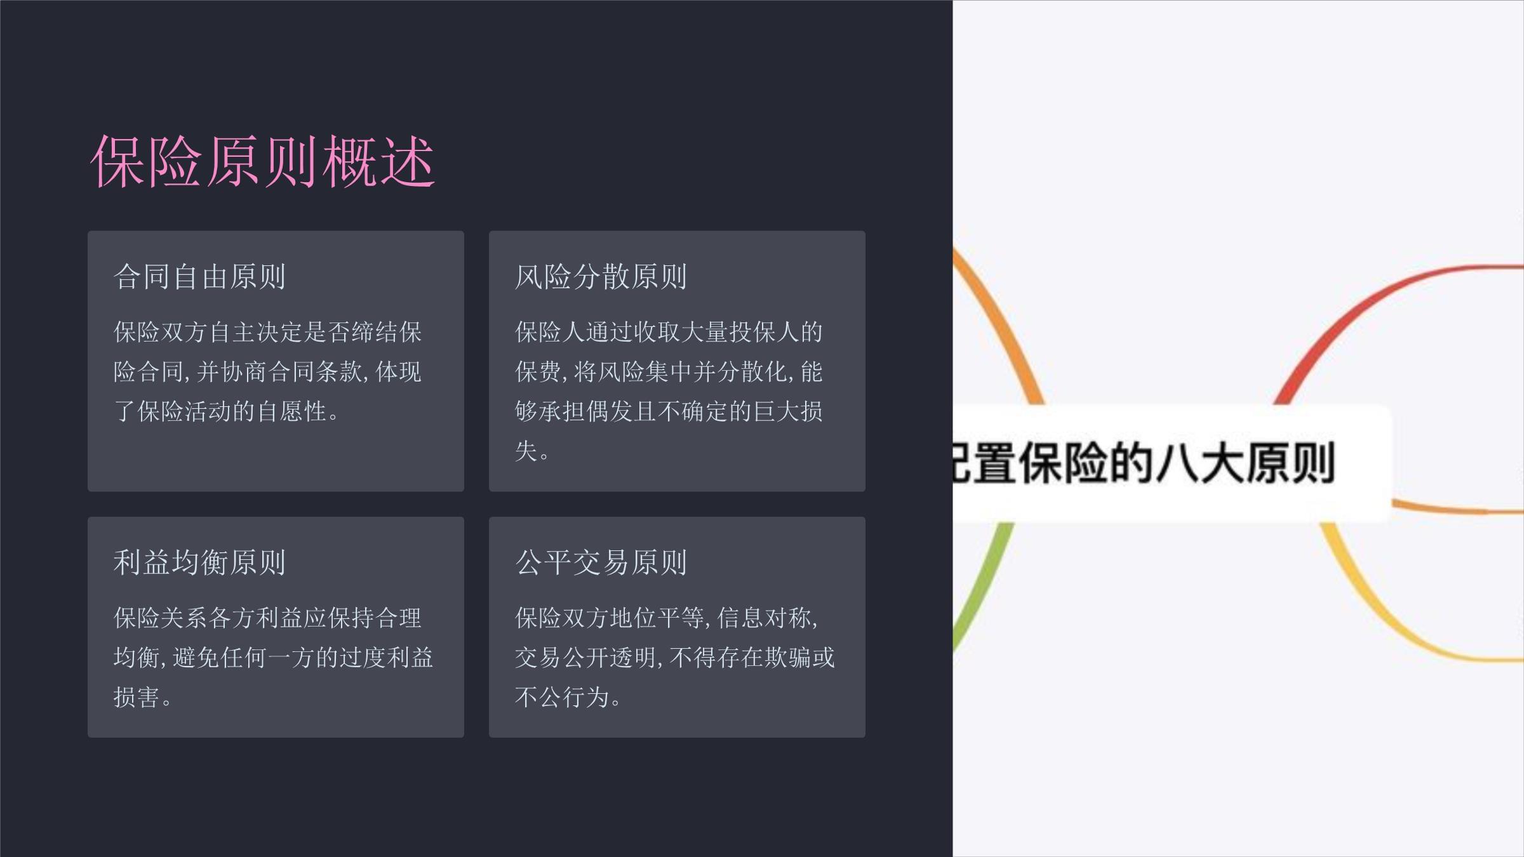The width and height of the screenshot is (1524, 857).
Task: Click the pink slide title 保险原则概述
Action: coord(262,161)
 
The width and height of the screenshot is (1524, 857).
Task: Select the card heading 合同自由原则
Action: coord(199,277)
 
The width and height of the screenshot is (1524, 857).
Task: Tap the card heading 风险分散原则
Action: coord(601,277)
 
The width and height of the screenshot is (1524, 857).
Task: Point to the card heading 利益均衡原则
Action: coord(199,562)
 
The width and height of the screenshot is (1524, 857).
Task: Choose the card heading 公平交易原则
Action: coord(601,562)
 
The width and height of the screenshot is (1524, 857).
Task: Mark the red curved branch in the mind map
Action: coord(1365,305)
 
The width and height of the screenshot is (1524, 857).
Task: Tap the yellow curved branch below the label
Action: coord(1397,628)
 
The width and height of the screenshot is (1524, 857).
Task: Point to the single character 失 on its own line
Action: coord(526,451)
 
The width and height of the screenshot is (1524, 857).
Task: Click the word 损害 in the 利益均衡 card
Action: coord(137,697)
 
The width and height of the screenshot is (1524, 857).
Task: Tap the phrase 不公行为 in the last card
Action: coord(562,697)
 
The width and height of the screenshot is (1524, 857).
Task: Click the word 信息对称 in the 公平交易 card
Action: coord(764,618)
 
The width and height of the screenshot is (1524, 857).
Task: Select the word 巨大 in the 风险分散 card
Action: coord(776,411)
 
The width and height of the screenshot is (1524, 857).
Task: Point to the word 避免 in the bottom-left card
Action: coord(196,658)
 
